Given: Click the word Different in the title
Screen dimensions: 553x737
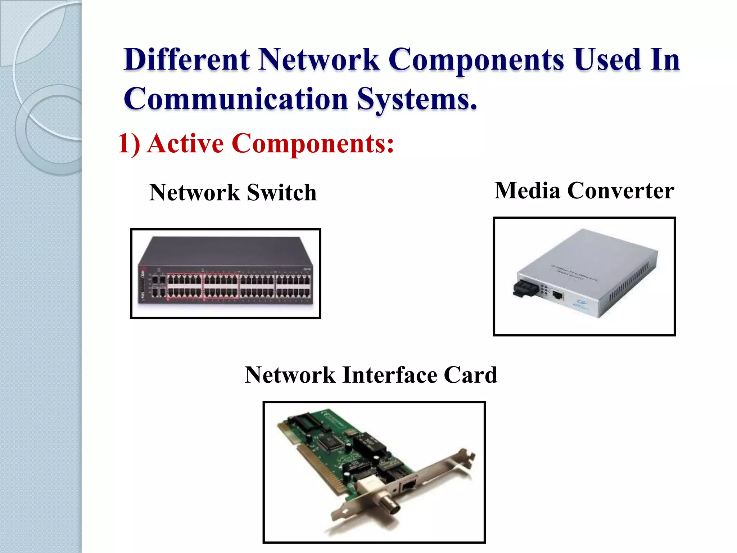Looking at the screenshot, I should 187,60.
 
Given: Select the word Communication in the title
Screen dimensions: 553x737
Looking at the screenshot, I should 236,99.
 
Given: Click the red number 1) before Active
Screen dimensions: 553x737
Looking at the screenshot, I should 129,144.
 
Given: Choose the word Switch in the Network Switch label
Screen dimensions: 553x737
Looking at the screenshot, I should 281,192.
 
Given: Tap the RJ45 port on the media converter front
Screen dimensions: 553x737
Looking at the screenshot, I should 557,296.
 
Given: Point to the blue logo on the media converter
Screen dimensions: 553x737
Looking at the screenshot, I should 580,304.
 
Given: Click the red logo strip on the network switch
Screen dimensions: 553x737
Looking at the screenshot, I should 142,284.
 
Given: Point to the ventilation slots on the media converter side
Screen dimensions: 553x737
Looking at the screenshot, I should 628,284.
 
